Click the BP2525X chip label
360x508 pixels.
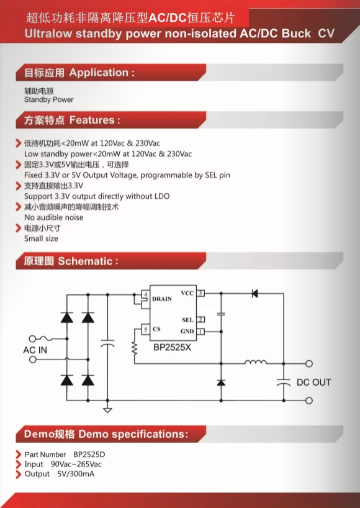pos(172,348)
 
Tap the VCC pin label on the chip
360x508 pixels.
pos(187,293)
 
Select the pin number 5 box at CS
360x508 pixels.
pos(145,330)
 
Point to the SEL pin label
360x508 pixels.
pos(188,320)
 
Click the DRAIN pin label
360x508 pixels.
pos(162,299)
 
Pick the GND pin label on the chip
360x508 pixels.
pos(187,332)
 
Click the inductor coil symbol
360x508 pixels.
pos(256,361)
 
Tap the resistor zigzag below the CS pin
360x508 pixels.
pos(134,348)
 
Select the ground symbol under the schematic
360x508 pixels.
pos(107,410)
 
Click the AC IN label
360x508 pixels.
pos(35,350)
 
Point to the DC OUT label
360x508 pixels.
pos(313,383)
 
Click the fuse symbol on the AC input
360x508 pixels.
pos(46,339)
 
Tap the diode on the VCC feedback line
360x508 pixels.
pos(254,294)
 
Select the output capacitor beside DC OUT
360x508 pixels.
pos(284,383)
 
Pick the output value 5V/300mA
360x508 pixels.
pos(76,474)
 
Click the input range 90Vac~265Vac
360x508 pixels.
pos(76,465)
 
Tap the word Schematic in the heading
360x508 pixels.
pos(85,261)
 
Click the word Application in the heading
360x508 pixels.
pos(99,73)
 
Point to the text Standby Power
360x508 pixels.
pos(49,100)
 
